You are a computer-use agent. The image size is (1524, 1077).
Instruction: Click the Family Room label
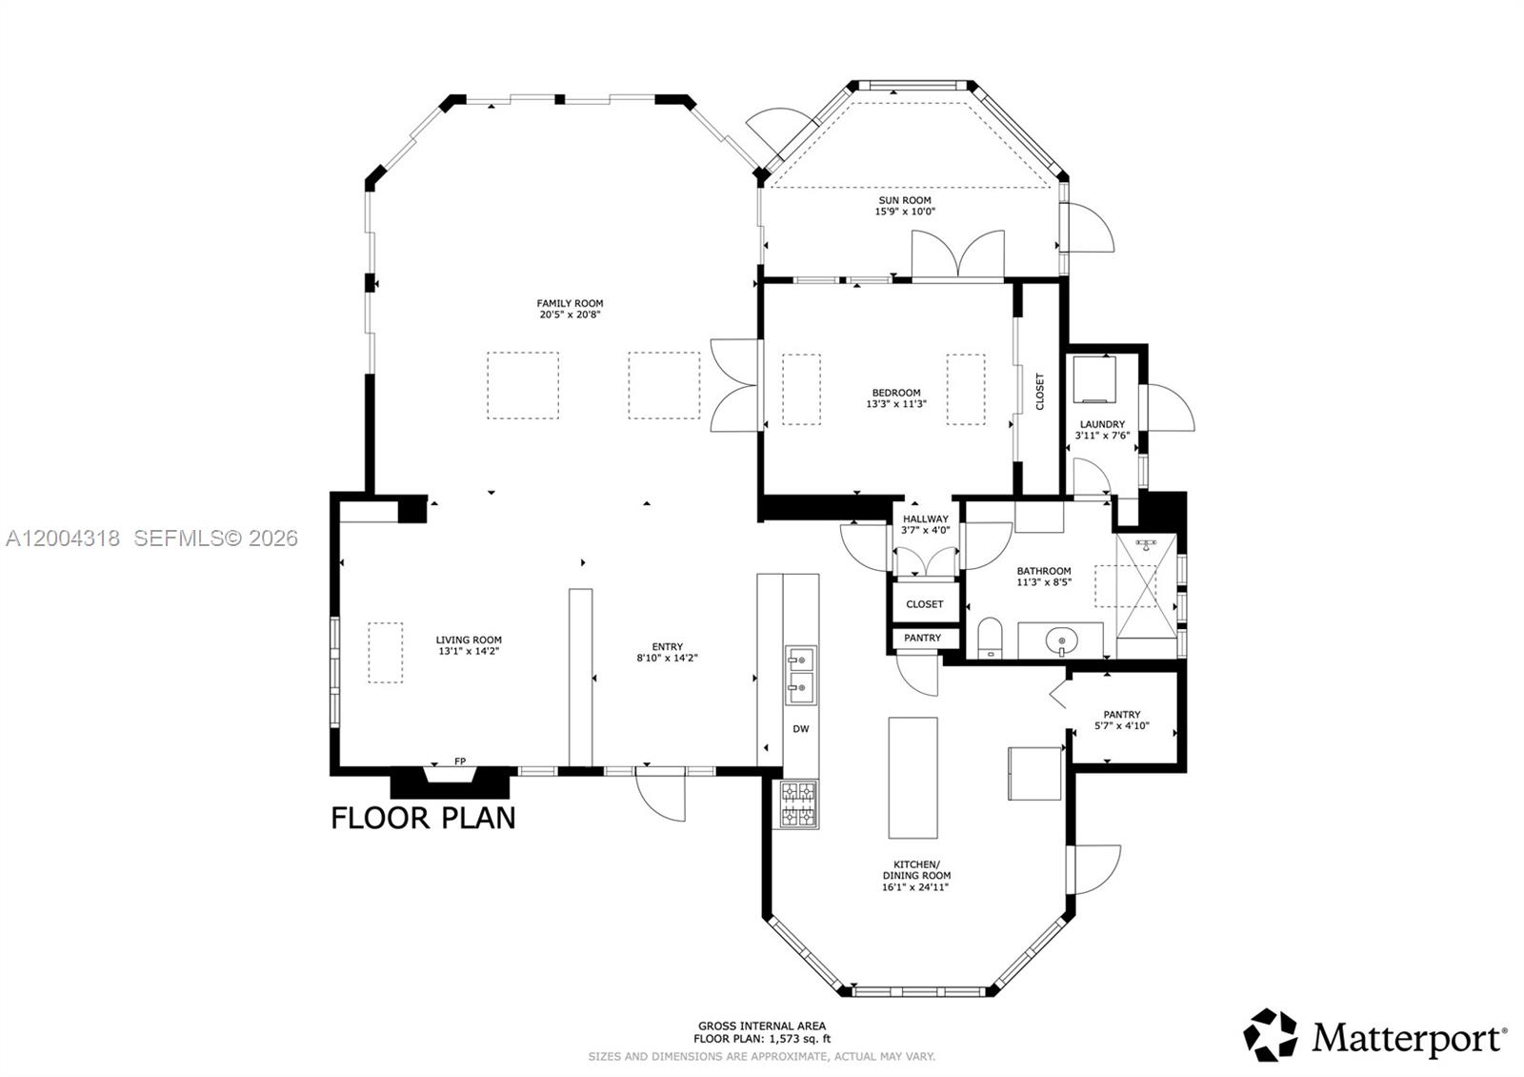point(570,304)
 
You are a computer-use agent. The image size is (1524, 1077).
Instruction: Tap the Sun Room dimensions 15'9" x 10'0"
point(905,212)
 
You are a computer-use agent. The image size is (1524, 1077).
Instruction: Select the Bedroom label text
point(895,393)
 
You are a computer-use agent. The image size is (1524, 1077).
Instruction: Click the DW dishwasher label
point(801,729)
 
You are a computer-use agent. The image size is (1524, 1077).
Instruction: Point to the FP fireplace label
point(460,762)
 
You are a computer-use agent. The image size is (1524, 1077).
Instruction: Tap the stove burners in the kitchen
point(799,803)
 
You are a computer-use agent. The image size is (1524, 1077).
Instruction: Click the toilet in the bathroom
point(991,637)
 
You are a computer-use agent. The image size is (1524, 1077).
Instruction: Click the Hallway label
point(925,519)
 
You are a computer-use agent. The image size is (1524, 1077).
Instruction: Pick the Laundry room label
point(1102,424)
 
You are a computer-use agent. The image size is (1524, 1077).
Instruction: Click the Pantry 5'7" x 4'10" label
point(1122,721)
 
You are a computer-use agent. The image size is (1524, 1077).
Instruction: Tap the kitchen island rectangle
point(912,777)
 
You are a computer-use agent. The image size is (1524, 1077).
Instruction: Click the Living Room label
point(469,640)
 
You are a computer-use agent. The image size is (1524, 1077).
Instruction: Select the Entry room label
point(667,647)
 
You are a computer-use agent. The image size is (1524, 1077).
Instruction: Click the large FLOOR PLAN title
point(423,818)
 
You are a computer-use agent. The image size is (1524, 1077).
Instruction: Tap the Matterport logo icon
point(1271,1035)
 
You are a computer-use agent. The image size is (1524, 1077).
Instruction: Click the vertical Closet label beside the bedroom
point(1039,392)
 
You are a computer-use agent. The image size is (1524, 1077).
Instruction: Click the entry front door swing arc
point(661,797)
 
